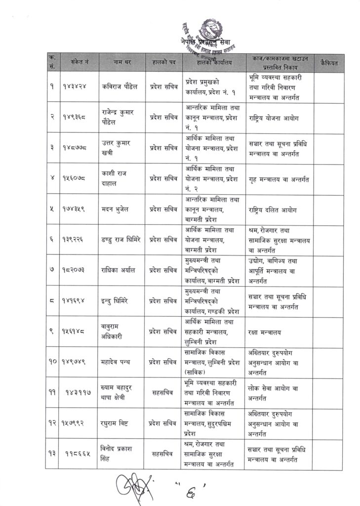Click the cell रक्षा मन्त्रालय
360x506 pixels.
click(x=267, y=332)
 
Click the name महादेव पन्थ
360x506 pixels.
click(x=117, y=362)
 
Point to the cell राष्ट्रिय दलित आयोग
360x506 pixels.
click(x=275, y=209)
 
